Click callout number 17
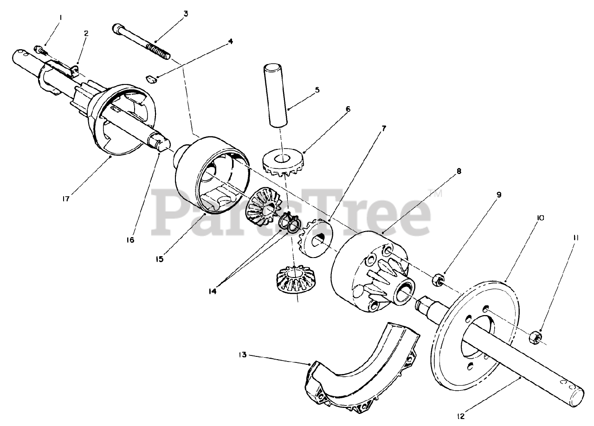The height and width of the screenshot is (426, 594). (x=65, y=199)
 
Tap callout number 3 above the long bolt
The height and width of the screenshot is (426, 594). (x=186, y=14)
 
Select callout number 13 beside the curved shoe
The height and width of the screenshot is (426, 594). (x=242, y=355)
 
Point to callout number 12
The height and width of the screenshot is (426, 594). (x=461, y=417)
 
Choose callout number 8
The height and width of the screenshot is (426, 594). (x=459, y=171)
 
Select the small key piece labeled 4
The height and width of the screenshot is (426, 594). (x=152, y=79)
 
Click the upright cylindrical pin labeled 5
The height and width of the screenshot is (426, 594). (x=276, y=95)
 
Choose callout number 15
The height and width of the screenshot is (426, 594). (x=159, y=259)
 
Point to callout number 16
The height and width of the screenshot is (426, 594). (x=130, y=240)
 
